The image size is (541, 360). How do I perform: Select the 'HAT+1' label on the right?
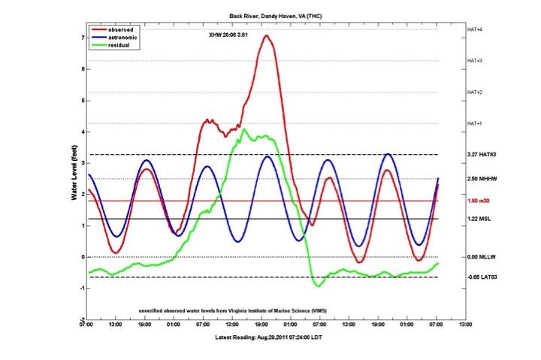point(474,123)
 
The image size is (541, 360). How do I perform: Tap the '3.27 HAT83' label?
point(480,155)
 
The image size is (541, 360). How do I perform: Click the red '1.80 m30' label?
point(478,201)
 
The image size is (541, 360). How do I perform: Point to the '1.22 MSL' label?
point(478,219)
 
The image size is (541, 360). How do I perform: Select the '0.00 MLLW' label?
point(479,257)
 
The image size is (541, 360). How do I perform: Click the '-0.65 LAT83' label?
point(480,277)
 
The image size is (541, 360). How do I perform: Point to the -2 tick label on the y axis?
point(81,319)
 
